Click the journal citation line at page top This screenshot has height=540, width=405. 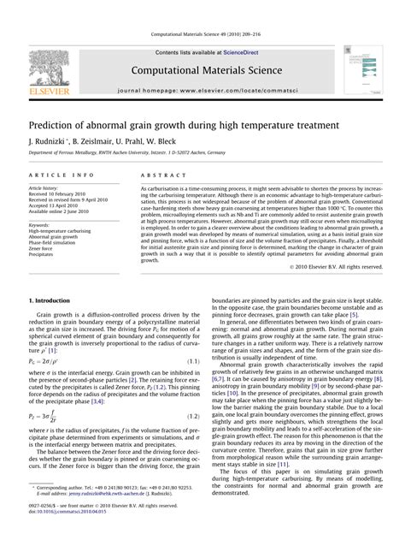pyautogui.click(x=202, y=35)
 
